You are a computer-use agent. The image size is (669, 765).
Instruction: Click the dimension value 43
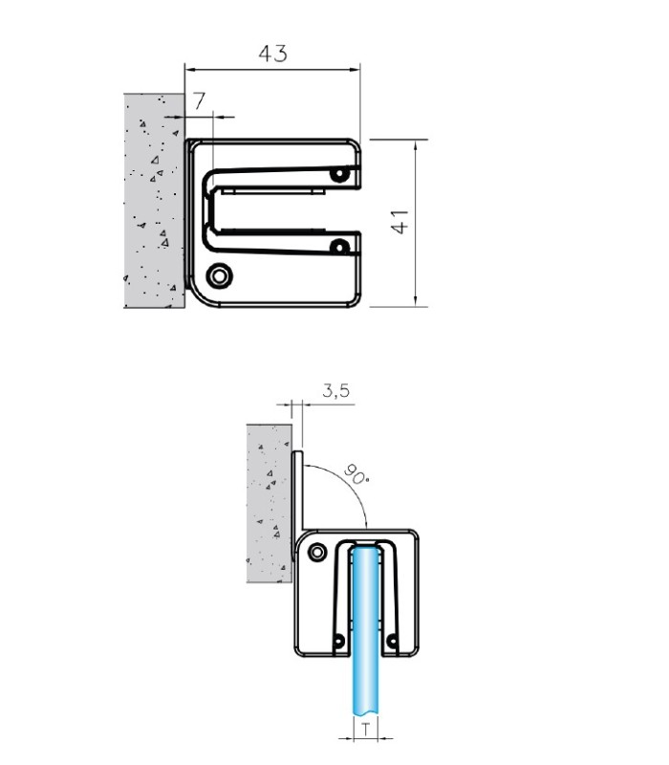pos(273,54)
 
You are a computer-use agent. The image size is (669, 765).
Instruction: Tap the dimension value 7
pos(200,101)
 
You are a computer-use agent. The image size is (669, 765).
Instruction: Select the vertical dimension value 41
pos(400,222)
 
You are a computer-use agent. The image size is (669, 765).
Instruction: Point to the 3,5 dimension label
pos(336,390)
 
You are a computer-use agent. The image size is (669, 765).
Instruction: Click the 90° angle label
pos(356,474)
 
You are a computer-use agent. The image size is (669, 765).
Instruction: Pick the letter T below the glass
pos(366,730)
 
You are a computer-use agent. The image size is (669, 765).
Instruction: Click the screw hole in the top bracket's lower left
pos(220,276)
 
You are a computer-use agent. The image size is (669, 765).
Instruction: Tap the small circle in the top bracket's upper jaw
pos(340,174)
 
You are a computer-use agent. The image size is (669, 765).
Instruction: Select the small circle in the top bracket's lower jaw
pos(340,247)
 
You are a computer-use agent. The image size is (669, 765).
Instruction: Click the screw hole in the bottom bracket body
pos(317,553)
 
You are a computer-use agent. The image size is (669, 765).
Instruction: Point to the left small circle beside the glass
pos(339,641)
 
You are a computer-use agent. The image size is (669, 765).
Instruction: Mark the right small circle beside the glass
pos(392,641)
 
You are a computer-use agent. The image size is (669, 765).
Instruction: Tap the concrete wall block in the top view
pos(155,201)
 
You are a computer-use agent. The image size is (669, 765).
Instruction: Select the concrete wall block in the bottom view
pos(270,503)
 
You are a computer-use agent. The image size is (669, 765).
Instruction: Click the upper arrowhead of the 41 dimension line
pos(416,145)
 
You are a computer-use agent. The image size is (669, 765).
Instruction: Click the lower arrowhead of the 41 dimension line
pos(416,301)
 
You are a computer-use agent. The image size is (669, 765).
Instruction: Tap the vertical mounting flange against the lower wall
pos(297,505)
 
